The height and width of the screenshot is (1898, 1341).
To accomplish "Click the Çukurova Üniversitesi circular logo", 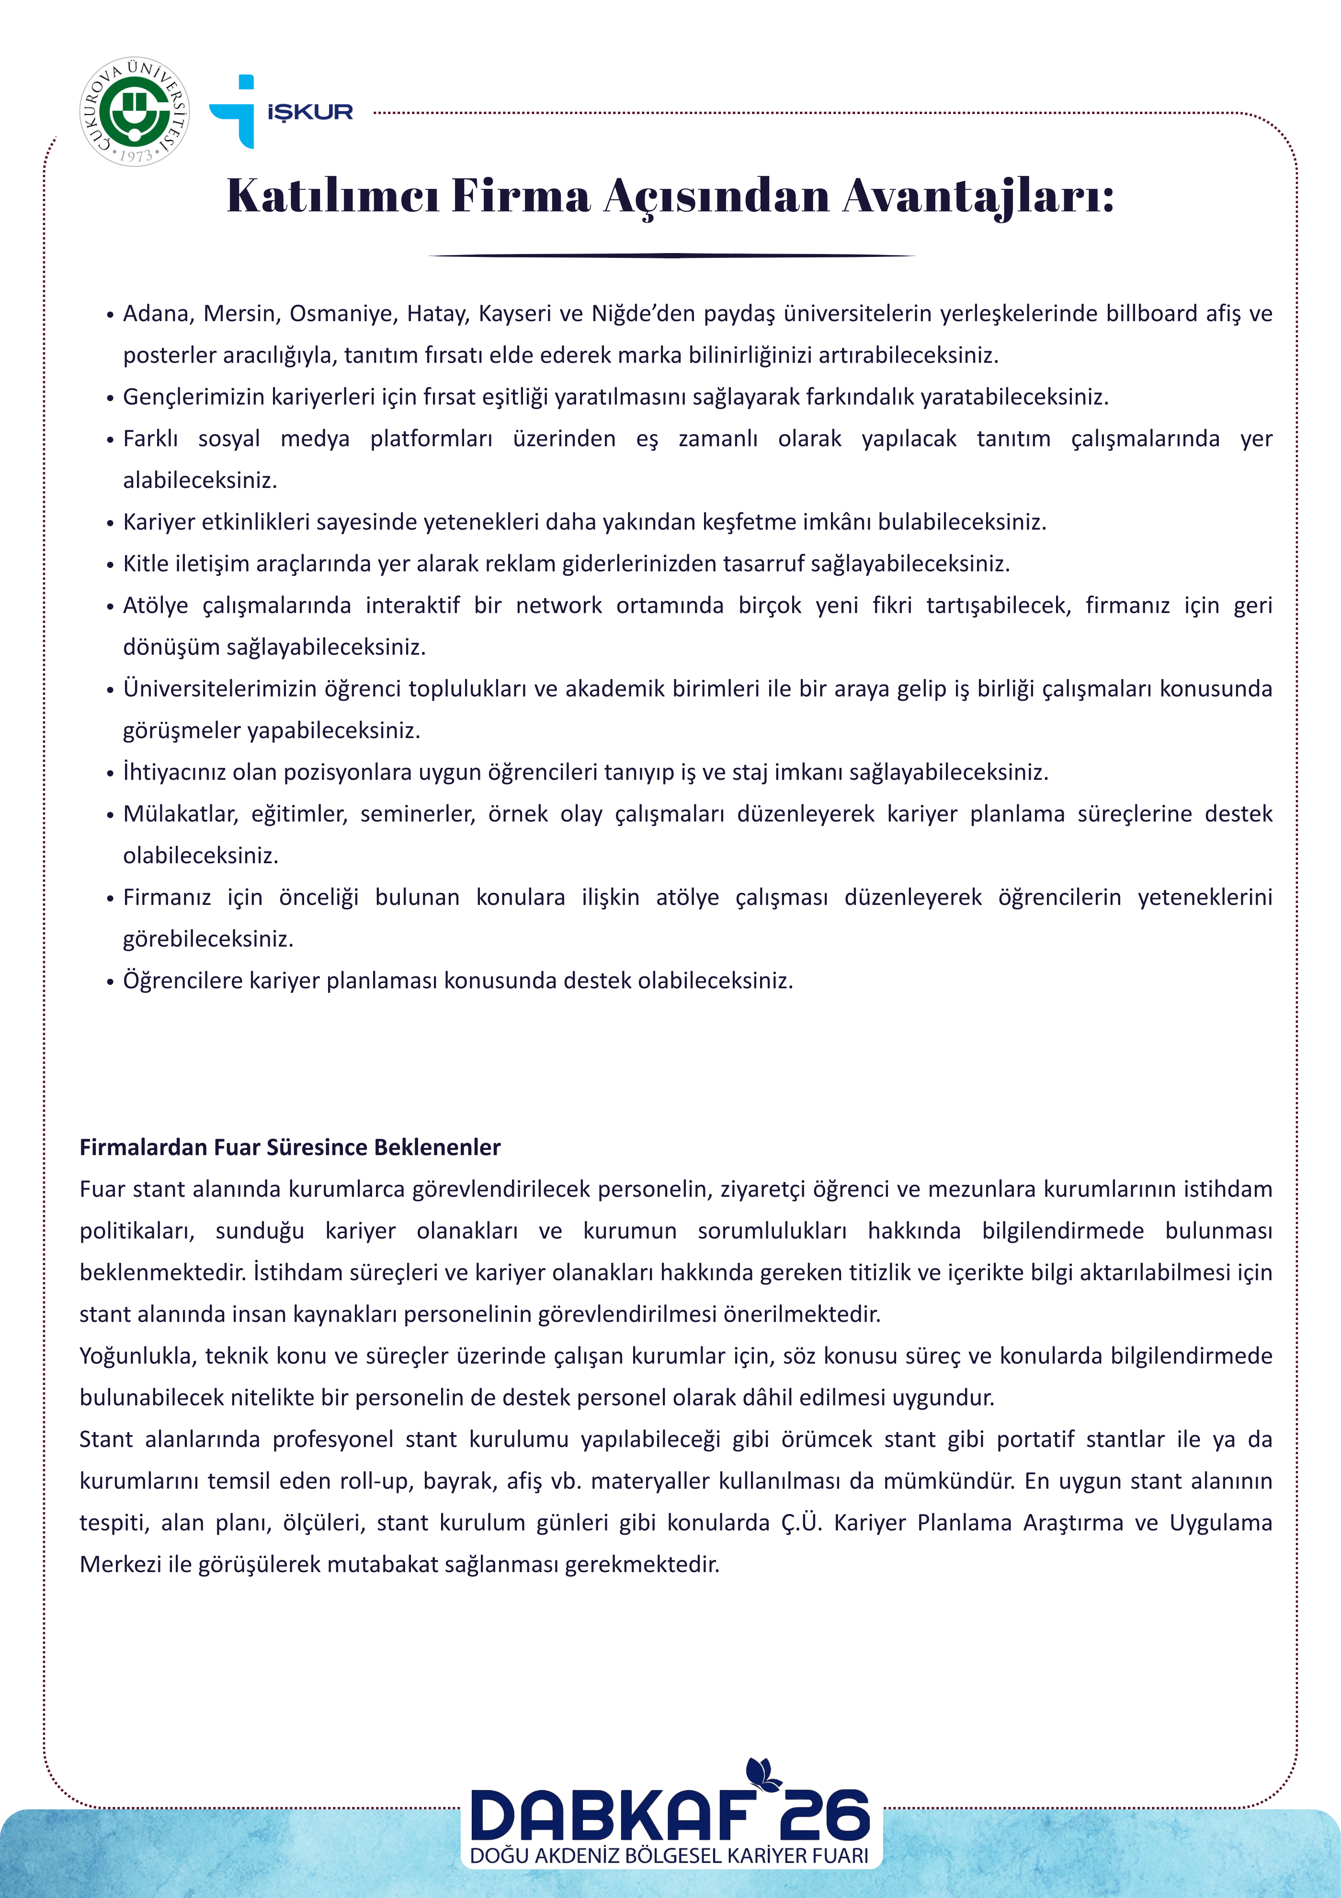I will point(135,112).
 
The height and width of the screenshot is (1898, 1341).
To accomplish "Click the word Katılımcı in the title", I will point(332,196).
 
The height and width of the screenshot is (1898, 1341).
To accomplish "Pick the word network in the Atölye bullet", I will point(558,606).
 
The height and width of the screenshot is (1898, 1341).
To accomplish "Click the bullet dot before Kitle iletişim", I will point(110,566).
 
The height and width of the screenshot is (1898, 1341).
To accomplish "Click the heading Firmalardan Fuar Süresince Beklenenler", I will point(290,1147).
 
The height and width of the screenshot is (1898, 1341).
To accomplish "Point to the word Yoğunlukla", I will point(137,1356).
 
